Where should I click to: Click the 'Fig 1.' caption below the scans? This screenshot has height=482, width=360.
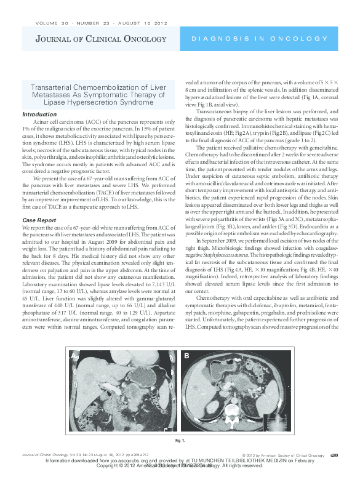180,441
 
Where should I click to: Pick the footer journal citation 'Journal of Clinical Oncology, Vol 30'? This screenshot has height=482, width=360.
52,455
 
